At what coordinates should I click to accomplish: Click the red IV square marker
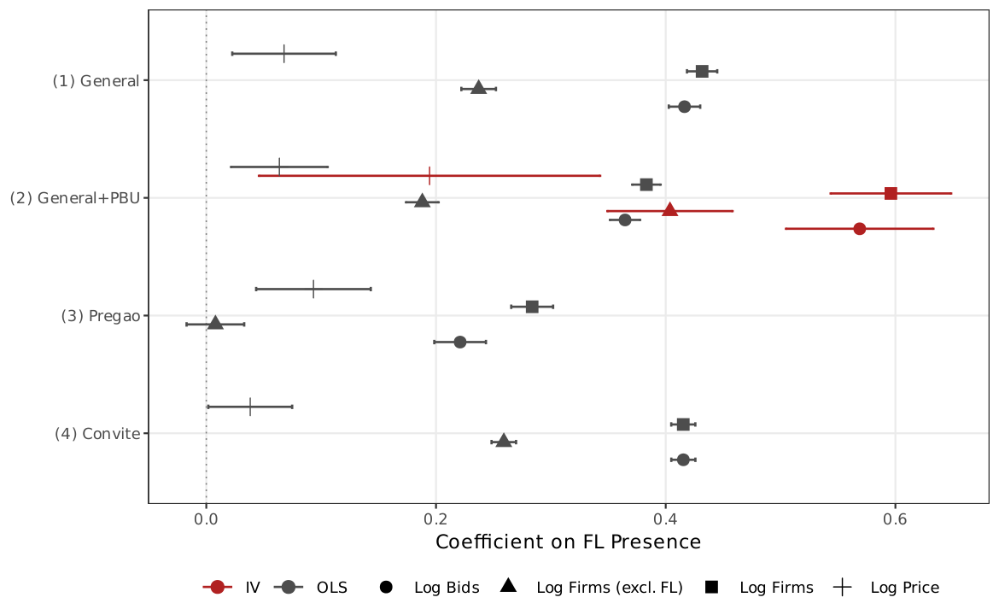coord(891,193)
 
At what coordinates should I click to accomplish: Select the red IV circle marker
coord(859,229)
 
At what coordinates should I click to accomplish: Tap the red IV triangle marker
coord(670,210)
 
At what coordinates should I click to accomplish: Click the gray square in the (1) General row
coord(702,71)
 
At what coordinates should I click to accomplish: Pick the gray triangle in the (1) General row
coord(478,88)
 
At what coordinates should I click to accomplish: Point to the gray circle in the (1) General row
coord(684,107)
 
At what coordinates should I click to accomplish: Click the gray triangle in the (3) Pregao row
coord(215,323)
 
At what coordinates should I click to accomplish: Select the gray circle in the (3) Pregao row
coord(460,342)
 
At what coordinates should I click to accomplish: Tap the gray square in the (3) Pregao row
coord(532,307)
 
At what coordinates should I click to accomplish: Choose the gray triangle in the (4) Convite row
coord(504,441)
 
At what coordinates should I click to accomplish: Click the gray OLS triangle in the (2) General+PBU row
coord(422,202)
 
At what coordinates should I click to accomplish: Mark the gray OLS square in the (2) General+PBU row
coord(646,184)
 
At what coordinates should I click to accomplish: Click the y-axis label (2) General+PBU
coord(74,198)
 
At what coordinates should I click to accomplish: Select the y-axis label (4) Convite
coord(97,434)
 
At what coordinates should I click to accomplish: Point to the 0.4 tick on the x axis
coord(665,518)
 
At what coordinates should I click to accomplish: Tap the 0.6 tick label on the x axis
coord(895,518)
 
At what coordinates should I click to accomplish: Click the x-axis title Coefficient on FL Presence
coord(568,542)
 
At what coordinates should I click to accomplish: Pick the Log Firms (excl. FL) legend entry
coord(589,588)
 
